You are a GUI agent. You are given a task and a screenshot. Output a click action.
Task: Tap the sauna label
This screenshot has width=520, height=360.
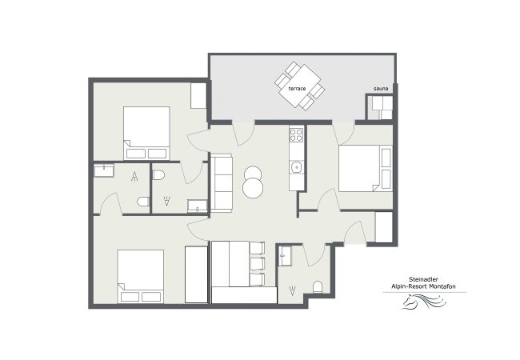tap(381, 88)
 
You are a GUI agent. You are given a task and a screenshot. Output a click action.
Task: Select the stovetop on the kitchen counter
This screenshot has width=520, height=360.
tap(297, 134)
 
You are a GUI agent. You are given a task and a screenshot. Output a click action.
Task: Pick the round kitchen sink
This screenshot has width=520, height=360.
tap(296, 167)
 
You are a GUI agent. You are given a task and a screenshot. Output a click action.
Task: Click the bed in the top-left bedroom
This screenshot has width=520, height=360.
tap(146, 133)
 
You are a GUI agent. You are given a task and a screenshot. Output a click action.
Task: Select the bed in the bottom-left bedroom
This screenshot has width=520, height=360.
tap(141, 276)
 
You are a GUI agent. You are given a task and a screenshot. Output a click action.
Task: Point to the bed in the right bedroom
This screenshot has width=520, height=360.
tap(365, 169)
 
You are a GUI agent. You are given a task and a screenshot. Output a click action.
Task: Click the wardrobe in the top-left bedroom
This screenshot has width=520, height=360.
tap(198, 95)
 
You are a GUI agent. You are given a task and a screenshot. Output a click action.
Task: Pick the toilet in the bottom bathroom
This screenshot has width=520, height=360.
tap(318, 287)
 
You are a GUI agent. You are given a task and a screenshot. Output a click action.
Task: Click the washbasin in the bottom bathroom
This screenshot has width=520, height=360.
tap(286, 256)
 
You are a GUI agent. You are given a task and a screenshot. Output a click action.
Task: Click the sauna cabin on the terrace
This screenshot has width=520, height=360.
tap(379, 107)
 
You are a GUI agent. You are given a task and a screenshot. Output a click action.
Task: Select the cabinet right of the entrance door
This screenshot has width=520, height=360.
tap(384, 227)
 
